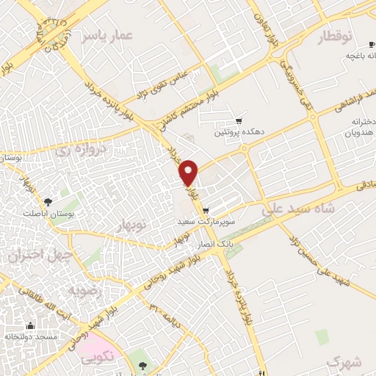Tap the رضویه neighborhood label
click(87, 290)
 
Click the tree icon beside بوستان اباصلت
click(48, 201)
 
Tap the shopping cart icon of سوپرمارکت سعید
click(209, 209)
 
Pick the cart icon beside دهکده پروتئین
click(239, 122)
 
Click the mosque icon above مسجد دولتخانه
click(30, 326)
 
